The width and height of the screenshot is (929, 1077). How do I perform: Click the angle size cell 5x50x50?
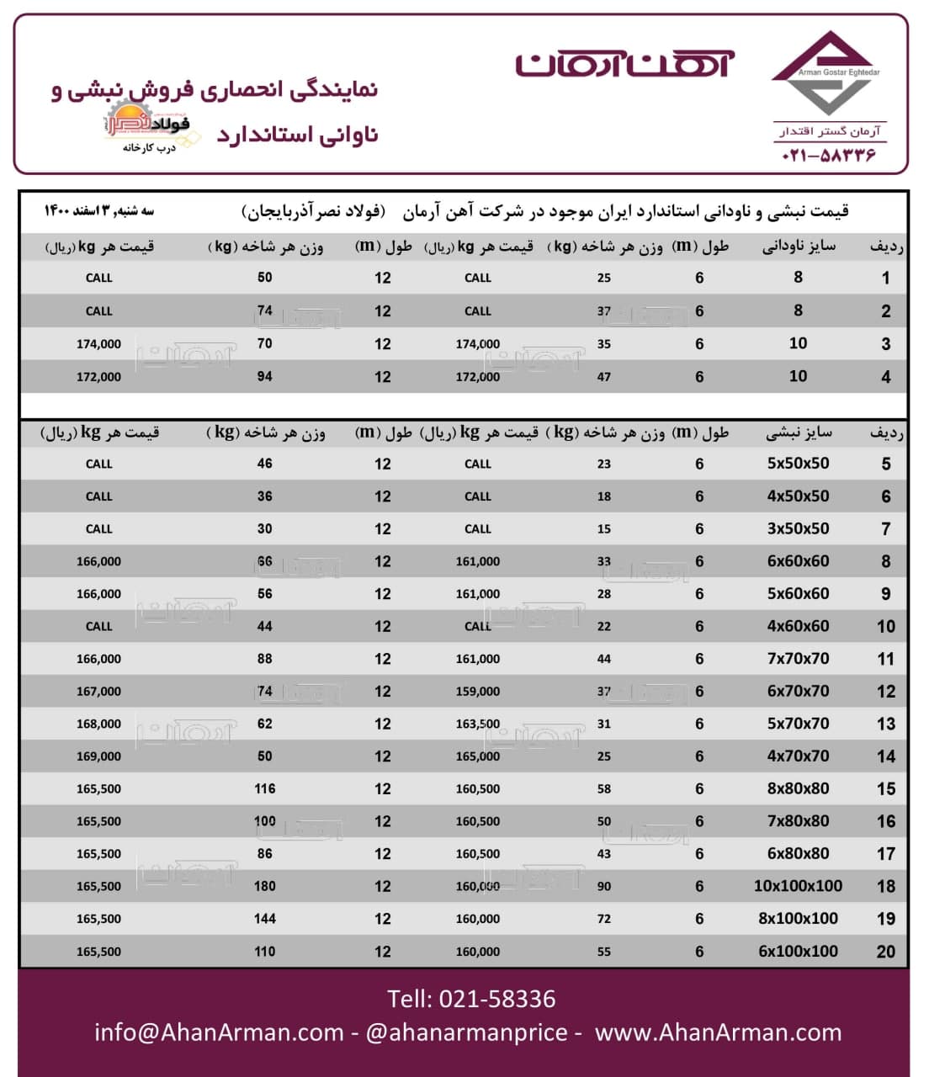[x=798, y=464]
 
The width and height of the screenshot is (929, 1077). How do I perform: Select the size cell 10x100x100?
[x=798, y=886]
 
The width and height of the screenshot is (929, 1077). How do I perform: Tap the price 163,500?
[x=477, y=724]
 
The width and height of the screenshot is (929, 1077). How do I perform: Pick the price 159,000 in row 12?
[x=477, y=692]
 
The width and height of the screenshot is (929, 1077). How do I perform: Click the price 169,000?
[x=98, y=756]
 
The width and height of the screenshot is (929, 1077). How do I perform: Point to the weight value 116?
[x=265, y=789]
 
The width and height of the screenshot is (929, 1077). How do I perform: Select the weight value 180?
[x=265, y=886]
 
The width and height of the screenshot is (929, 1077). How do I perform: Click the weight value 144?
[x=265, y=919]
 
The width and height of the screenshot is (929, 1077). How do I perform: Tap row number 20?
[x=885, y=952]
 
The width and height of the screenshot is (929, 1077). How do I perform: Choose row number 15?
[x=885, y=789]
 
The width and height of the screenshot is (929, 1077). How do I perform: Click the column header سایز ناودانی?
[x=799, y=247]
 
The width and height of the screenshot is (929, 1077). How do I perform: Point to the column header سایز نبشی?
[x=799, y=433]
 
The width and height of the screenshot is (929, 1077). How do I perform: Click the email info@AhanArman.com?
[x=219, y=1032]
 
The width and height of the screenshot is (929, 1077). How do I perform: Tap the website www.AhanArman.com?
[x=718, y=1032]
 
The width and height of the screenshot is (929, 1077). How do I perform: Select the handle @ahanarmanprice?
[x=466, y=1032]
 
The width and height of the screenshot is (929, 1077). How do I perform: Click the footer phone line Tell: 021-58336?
[x=471, y=999]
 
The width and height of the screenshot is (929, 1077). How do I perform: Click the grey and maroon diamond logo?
[x=825, y=74]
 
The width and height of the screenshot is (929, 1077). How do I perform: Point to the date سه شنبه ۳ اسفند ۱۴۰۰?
[x=99, y=210]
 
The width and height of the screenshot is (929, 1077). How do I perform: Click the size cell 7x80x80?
[x=798, y=821]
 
